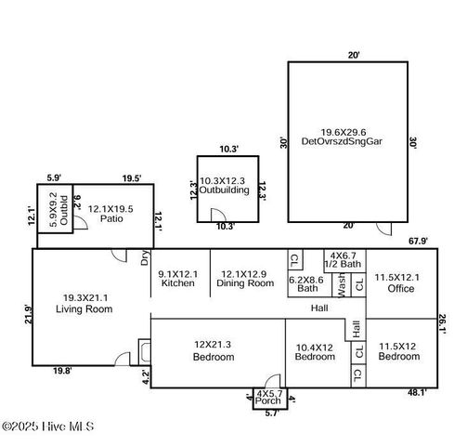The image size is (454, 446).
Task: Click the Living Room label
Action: click(84, 308)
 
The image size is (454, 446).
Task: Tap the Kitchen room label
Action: click(178, 282)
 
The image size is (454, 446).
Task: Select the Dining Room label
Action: click(245, 283)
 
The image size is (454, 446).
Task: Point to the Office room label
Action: click(401, 288)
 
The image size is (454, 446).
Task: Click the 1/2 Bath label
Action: click(343, 264)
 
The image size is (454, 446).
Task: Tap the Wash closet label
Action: click(342, 285)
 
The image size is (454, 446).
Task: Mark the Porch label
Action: click(268, 400)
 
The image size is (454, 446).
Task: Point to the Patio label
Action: click(111, 218)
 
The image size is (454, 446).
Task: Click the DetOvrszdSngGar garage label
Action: click(342, 141)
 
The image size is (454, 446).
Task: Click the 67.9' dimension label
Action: click(418, 241)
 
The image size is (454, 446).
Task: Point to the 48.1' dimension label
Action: click(417, 392)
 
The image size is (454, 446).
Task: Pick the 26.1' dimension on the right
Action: click(442, 324)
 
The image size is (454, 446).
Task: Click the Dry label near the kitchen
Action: click(145, 257)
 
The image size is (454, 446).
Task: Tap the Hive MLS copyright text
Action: click(48, 426)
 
